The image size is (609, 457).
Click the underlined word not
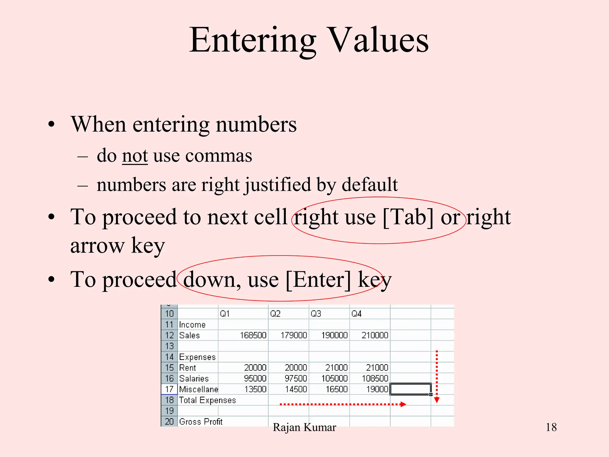pyautogui.click(x=135, y=156)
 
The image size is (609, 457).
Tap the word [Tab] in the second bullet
pyautogui.click(x=408, y=217)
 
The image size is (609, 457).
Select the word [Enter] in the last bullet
pyautogui.click(x=318, y=280)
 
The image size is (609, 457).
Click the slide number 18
pyautogui.click(x=551, y=427)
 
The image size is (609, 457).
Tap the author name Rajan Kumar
pyautogui.click(x=304, y=427)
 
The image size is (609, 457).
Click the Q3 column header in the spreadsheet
pyautogui.click(x=316, y=314)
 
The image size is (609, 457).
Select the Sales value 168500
pyautogui.click(x=253, y=335)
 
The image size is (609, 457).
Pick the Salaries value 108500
pyautogui.click(x=375, y=378)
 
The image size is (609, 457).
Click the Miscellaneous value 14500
pyautogui.click(x=296, y=389)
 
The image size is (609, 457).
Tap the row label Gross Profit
pyautogui.click(x=201, y=422)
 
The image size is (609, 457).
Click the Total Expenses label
pyautogui.click(x=207, y=400)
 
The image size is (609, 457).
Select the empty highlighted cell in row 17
pyautogui.click(x=410, y=389)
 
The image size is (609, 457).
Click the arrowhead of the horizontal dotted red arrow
pyautogui.click(x=403, y=404)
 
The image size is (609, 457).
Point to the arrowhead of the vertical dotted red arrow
pyautogui.click(x=437, y=400)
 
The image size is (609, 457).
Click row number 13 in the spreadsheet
pyautogui.click(x=169, y=346)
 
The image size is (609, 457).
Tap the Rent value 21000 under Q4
pyautogui.click(x=377, y=368)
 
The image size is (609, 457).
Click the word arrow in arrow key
pyautogui.click(x=97, y=246)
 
